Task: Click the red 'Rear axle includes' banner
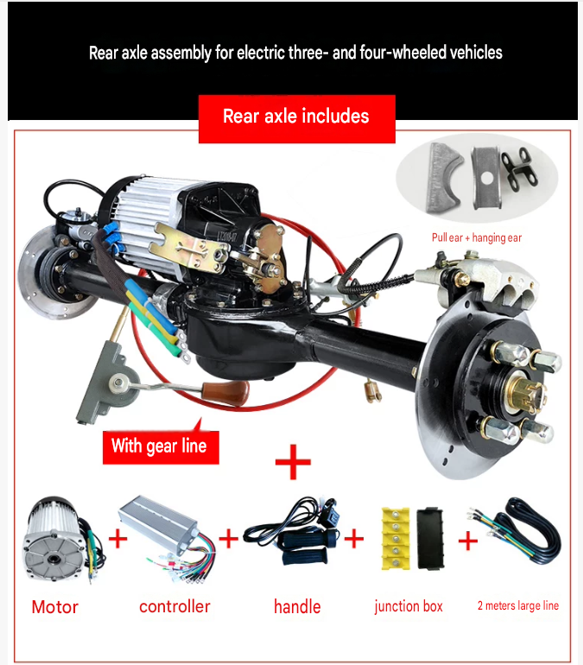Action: tap(297, 119)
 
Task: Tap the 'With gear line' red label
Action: tap(161, 447)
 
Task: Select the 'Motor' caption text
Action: tap(55, 607)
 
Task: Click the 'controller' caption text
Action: tap(174, 606)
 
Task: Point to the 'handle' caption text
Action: tap(297, 606)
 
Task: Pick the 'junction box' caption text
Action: tap(409, 606)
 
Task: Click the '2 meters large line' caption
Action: tap(518, 605)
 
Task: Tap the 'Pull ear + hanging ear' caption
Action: tap(477, 237)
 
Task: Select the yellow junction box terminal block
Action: tap(396, 538)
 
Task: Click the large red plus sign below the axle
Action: tap(293, 462)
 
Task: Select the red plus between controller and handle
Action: tap(229, 539)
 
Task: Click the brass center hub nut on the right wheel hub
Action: tap(526, 394)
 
